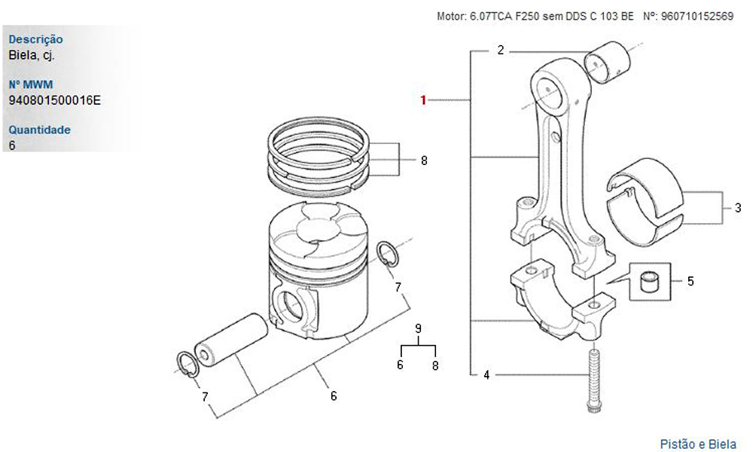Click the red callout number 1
pos(423,100)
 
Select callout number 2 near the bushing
pos(501,50)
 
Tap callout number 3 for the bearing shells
pos(738,208)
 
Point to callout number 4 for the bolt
pos(486,374)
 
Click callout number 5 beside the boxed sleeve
pos(691,281)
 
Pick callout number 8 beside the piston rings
pos(424,160)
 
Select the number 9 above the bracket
pos(418,328)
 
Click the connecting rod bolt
pos(593,380)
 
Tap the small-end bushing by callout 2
pos(606,62)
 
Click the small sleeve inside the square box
pos(651,282)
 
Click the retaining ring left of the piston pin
pos(187,365)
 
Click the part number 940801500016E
pos(55,100)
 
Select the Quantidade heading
pos(39,130)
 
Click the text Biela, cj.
pos(32,55)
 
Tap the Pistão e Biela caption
pos(698,444)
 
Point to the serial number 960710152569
pos(697,16)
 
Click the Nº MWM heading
pos(31,84)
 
